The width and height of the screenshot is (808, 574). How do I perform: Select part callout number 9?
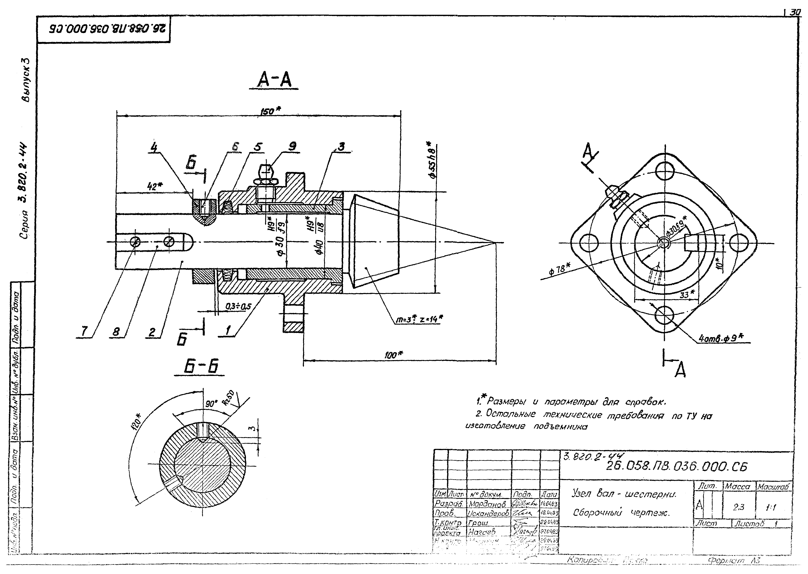point(292,146)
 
